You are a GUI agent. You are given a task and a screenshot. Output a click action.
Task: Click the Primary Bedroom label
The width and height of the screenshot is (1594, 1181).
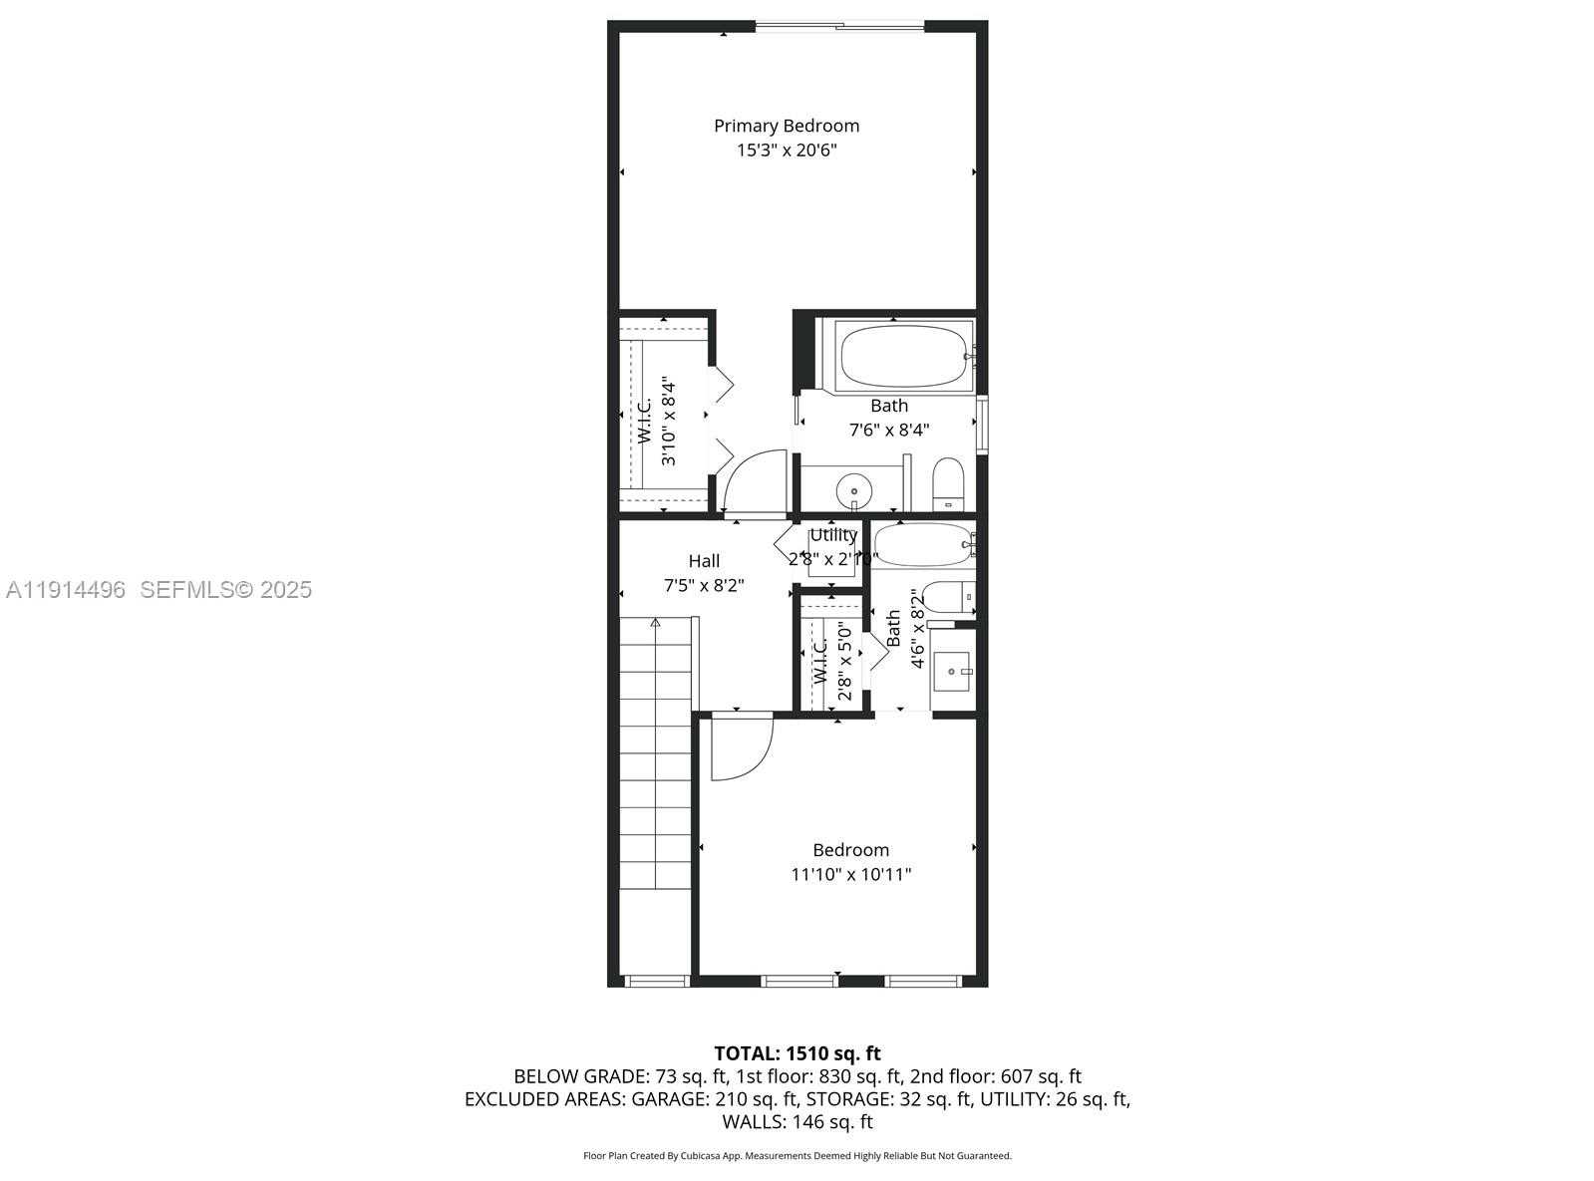point(786,126)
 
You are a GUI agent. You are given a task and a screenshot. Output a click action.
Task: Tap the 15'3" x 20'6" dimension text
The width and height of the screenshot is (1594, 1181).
point(786,150)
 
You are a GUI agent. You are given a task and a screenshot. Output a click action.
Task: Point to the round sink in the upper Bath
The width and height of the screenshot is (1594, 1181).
point(853,490)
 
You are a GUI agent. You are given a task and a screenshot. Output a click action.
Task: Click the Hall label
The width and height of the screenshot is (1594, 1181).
point(704,561)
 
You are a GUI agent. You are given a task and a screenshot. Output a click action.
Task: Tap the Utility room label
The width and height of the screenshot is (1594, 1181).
point(833,535)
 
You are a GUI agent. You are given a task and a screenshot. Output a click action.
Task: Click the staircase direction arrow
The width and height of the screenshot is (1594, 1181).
point(655,624)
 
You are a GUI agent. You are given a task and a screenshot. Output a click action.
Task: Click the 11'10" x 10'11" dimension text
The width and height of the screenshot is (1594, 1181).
point(850,875)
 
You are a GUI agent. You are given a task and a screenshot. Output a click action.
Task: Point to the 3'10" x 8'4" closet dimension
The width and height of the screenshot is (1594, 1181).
point(669,422)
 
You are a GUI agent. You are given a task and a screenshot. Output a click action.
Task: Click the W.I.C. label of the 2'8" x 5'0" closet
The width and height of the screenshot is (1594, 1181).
point(819,661)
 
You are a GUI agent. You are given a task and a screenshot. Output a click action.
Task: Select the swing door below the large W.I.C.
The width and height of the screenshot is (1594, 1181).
point(756,484)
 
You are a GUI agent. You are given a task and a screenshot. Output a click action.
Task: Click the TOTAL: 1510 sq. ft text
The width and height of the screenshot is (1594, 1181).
point(797,1053)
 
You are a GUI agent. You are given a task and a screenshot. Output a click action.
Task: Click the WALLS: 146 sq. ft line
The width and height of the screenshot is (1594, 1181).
point(797,1122)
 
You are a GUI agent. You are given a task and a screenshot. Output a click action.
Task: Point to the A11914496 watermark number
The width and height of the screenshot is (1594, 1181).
point(66,590)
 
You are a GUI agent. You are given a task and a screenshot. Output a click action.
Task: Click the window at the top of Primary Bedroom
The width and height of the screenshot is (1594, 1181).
point(839,26)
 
